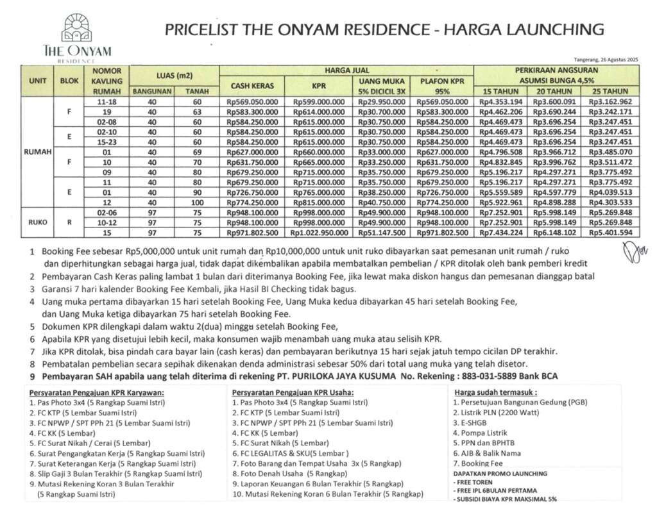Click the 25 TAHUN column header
point(610,92)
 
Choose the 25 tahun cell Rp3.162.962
point(610,101)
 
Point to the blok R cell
point(69,222)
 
